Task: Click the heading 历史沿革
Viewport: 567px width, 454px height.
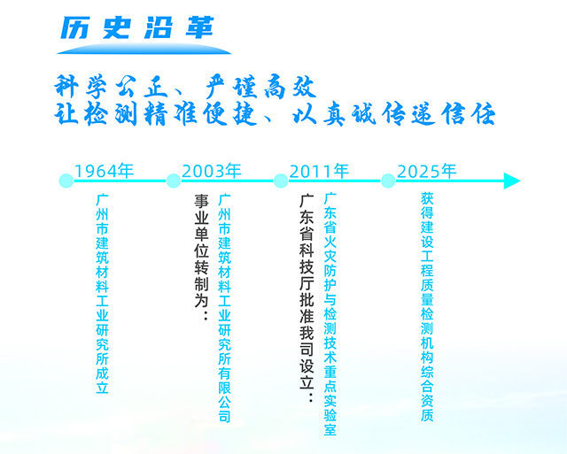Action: pos(133,28)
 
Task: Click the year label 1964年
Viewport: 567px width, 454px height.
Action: pos(104,171)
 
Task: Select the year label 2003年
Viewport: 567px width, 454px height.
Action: pos(211,171)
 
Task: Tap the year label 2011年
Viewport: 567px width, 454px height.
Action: pos(319,171)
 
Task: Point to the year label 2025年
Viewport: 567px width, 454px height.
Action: pos(427,171)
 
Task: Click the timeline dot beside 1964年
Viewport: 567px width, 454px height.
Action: pos(66,181)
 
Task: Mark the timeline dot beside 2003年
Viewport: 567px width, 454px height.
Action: pos(174,181)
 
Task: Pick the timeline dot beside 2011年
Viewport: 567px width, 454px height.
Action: pos(281,181)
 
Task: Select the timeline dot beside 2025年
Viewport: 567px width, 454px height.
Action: pos(388,181)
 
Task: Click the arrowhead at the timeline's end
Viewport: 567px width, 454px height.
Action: pos(511,181)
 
